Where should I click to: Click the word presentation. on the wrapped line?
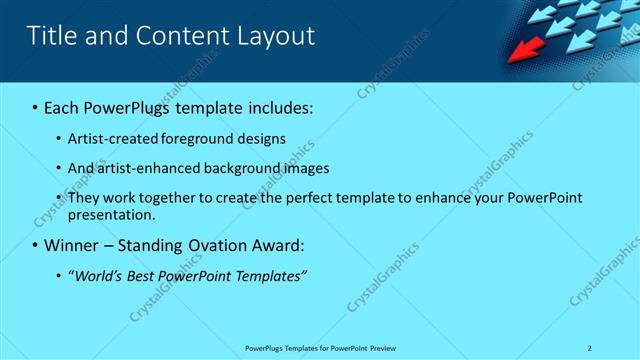[112, 214]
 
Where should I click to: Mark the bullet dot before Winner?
[35, 245]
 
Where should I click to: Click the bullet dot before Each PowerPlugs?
[35, 107]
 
